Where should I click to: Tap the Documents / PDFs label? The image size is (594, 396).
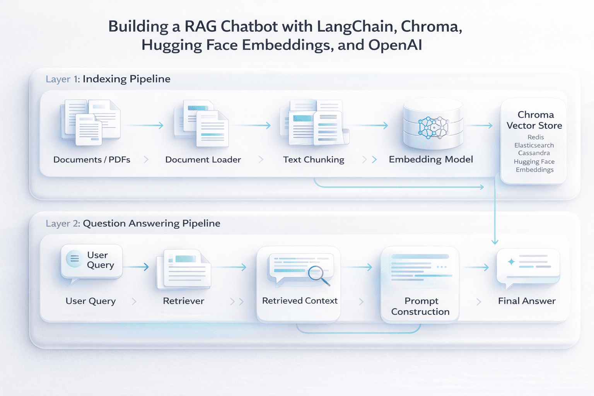(x=92, y=160)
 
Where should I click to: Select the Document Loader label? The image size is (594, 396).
(x=203, y=160)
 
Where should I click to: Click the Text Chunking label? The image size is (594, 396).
(x=313, y=160)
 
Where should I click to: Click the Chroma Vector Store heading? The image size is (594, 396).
(x=534, y=120)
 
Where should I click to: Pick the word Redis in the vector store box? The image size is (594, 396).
(x=536, y=137)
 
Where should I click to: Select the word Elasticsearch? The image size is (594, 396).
(x=534, y=145)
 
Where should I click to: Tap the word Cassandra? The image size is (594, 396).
(x=534, y=153)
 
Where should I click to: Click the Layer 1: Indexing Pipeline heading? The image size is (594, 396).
(x=108, y=79)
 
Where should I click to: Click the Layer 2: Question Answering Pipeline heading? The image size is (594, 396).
(x=133, y=224)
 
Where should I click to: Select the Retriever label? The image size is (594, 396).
(x=183, y=301)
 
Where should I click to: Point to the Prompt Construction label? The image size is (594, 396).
(x=420, y=306)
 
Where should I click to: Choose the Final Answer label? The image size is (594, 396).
(x=527, y=301)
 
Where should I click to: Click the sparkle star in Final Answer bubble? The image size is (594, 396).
(x=511, y=262)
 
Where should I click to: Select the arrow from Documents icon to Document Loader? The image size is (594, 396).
(x=144, y=125)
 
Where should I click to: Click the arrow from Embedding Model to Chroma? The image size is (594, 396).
(x=480, y=126)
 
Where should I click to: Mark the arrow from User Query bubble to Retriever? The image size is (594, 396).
(x=136, y=267)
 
